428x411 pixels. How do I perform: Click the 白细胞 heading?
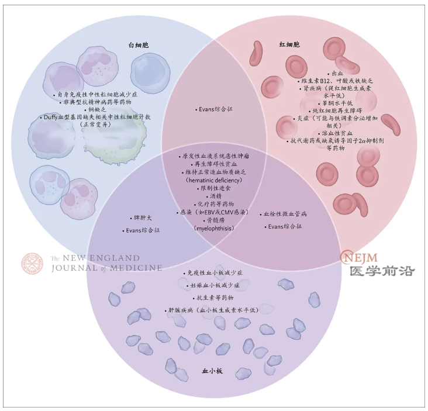point(139,45)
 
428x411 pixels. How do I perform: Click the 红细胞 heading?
point(289,44)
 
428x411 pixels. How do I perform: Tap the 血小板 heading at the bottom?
point(212,371)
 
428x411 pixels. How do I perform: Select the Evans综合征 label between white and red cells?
point(214,109)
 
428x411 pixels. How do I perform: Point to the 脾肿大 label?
point(141,218)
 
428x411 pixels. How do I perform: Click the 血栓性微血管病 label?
point(284,214)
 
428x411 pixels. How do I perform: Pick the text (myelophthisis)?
point(214,228)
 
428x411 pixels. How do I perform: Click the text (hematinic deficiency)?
point(214,180)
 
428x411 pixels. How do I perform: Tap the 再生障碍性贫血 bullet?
point(214,164)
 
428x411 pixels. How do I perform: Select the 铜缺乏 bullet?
point(95,110)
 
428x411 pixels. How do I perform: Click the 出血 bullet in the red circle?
point(336,74)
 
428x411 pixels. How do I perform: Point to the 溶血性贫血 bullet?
point(336,133)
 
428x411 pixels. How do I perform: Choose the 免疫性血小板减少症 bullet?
point(213,273)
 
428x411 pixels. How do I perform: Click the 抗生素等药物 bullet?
point(213,298)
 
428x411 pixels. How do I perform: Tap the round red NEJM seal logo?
point(32,263)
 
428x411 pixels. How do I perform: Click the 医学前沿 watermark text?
point(382,271)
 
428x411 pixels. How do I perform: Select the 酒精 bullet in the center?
point(214,196)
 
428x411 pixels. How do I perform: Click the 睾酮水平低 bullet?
point(336,103)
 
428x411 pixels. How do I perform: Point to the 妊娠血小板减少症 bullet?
point(213,285)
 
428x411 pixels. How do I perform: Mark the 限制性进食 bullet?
point(214,188)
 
